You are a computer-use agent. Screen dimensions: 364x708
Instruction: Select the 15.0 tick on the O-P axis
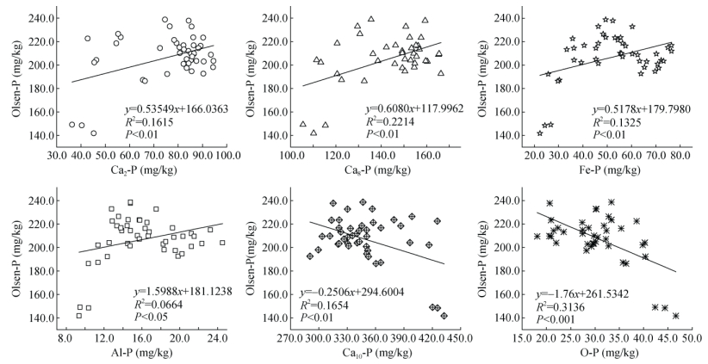(521, 339)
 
